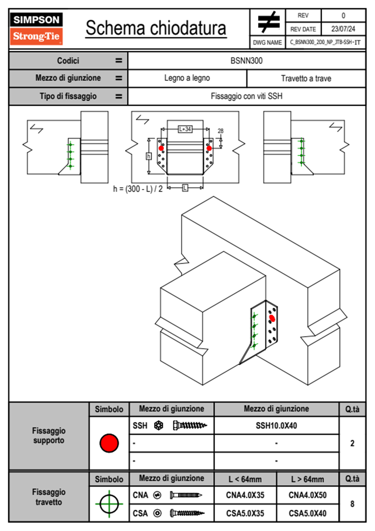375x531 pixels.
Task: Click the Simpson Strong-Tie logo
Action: point(36,28)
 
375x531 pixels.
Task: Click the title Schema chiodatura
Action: point(156,28)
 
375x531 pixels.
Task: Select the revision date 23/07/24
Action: point(343,29)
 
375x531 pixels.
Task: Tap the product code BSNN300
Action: point(246,61)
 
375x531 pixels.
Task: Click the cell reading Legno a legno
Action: point(187,78)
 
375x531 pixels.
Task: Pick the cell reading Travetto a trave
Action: point(306,78)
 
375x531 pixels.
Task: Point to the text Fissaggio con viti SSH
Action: point(246,96)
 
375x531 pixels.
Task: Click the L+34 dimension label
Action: point(185,129)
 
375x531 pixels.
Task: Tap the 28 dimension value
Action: point(221,131)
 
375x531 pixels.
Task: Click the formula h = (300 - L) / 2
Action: point(138,189)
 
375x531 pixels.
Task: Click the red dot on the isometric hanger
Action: point(272,319)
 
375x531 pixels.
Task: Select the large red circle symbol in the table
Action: point(109,443)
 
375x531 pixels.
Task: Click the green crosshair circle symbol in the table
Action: point(109,504)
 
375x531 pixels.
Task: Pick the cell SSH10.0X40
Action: point(276,426)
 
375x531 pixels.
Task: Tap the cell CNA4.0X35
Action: point(245,495)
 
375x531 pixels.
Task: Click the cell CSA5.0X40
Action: point(308,513)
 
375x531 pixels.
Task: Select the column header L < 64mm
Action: point(245,479)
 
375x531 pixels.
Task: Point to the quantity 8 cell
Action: point(352,504)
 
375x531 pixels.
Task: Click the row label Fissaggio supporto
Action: point(49,436)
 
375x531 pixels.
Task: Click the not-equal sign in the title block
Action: point(268,22)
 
